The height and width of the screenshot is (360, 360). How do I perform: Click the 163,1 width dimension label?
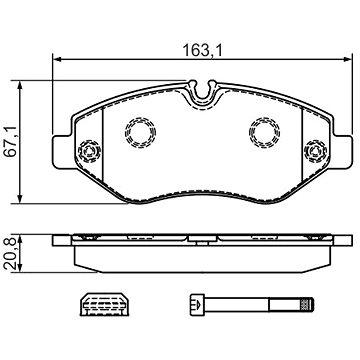coord(202,51)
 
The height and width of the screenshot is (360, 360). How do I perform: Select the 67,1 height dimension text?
coord(10,142)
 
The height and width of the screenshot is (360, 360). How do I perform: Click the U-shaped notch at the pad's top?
coord(201,91)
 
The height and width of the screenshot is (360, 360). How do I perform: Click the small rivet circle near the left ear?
coord(89,151)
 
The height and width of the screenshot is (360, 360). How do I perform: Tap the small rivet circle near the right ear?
coord(315,151)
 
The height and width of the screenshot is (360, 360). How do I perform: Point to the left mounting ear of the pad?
coord(62,152)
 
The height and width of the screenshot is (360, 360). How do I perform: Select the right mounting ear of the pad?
coord(343,152)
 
